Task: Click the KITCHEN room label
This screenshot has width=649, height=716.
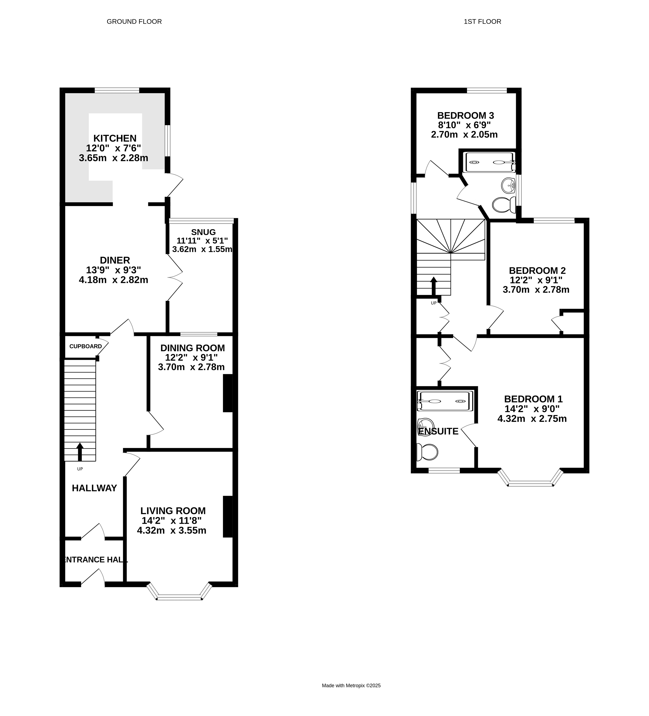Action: (115, 138)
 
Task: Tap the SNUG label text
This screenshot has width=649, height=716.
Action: (203, 232)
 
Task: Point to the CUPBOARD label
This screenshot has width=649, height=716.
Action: (85, 346)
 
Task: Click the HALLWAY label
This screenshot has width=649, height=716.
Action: (94, 488)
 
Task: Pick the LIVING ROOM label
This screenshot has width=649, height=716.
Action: (173, 511)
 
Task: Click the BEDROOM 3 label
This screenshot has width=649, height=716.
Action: (466, 115)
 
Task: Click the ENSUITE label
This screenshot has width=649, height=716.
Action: (438, 431)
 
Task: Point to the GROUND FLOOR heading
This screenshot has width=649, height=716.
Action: (134, 22)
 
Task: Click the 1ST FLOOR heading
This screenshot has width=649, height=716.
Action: (483, 22)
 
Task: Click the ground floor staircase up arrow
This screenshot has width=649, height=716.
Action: (80, 452)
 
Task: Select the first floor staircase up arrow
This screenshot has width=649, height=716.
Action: (434, 286)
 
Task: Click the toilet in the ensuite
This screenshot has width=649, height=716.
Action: (427, 452)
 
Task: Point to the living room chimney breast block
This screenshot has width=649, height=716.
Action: (228, 516)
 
